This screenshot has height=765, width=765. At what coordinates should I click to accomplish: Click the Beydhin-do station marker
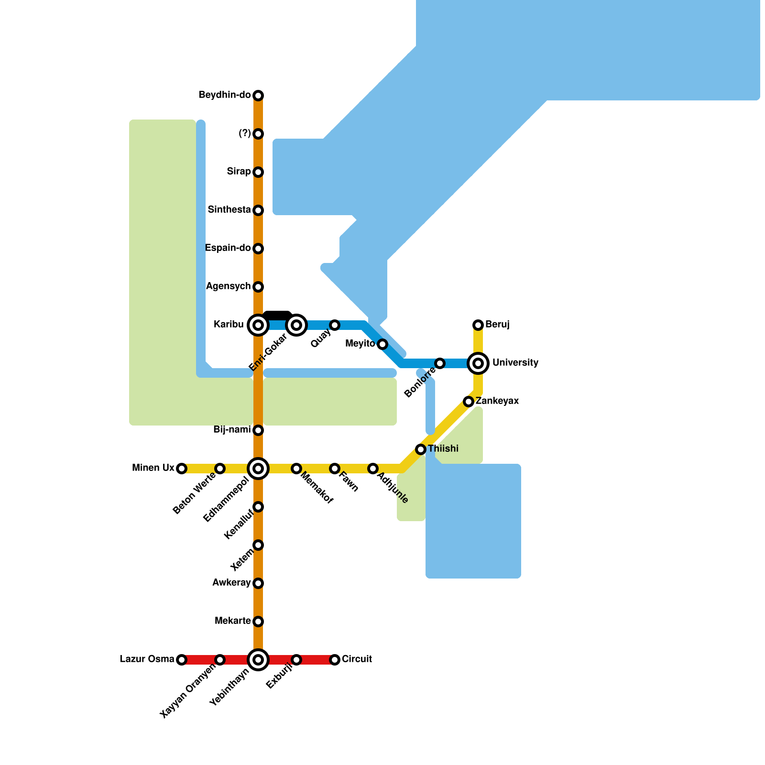point(258,96)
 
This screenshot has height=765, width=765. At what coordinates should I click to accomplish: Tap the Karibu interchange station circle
point(258,325)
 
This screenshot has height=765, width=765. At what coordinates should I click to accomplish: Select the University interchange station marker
point(478,363)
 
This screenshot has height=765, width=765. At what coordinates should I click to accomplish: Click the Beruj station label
point(497,325)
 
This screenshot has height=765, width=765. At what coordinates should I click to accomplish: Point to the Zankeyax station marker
point(469,402)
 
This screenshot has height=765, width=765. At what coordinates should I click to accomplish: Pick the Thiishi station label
point(443,449)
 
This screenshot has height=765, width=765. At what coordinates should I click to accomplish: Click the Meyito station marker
point(382,344)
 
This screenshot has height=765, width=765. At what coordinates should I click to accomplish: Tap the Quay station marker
point(335,325)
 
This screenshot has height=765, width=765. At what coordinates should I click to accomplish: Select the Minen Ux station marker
point(182,469)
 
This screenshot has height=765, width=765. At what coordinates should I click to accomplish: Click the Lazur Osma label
point(147,659)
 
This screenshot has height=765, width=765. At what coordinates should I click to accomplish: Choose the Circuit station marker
point(335,660)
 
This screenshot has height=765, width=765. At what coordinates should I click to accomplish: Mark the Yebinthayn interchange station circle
point(258,660)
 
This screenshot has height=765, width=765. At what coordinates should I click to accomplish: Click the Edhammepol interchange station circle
point(258,469)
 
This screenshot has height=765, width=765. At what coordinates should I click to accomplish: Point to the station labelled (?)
point(258,134)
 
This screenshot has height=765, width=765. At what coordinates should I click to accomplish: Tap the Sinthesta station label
point(229,210)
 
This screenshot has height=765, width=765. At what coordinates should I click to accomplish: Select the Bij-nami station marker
point(258,430)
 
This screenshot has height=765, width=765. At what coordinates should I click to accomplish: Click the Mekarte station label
point(233,621)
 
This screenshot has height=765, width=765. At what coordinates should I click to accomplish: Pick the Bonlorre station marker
point(440,363)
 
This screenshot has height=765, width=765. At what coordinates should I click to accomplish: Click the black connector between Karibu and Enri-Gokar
point(277,316)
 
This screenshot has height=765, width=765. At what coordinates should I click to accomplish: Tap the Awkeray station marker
point(258,583)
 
